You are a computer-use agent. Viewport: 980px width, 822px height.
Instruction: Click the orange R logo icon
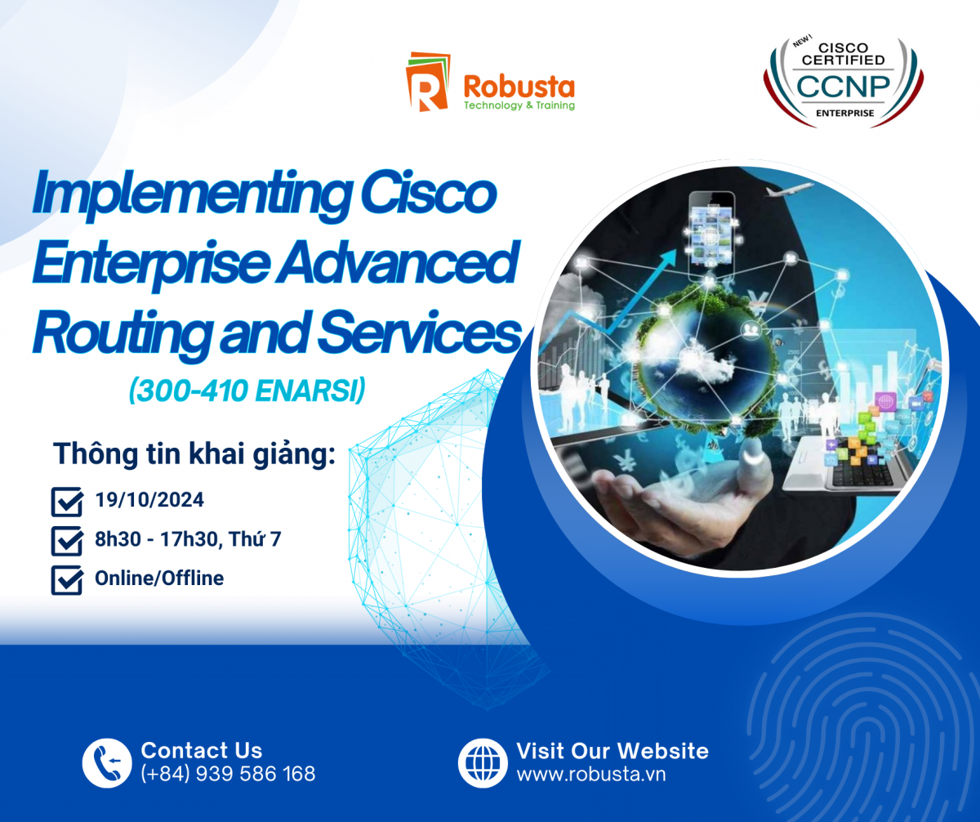pyautogui.click(x=427, y=82)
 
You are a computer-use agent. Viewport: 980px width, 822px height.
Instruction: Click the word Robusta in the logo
pyautogui.click(x=519, y=87)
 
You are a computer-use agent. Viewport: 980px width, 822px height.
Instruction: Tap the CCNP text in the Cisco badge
pyautogui.click(x=843, y=87)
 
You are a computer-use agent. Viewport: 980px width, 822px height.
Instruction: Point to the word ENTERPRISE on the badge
pyautogui.click(x=844, y=114)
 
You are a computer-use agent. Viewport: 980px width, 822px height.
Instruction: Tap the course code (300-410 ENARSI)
pyautogui.click(x=247, y=391)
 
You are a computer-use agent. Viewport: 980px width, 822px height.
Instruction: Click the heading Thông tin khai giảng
pyautogui.click(x=194, y=454)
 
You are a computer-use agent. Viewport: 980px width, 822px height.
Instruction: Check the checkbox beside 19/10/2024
pyautogui.click(x=67, y=502)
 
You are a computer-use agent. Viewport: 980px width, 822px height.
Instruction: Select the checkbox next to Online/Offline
pyautogui.click(x=67, y=580)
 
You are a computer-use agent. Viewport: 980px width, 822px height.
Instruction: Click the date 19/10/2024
pyautogui.click(x=149, y=500)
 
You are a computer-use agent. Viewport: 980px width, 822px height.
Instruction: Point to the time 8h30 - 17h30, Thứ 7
pyautogui.click(x=188, y=538)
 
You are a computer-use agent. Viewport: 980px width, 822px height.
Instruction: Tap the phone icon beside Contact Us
pyautogui.click(x=106, y=763)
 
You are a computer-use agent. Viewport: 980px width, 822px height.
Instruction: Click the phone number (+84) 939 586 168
pyautogui.click(x=228, y=774)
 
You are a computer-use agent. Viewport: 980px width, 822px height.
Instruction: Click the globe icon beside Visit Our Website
pyautogui.click(x=483, y=763)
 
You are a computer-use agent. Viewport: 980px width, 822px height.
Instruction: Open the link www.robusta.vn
pyautogui.click(x=591, y=774)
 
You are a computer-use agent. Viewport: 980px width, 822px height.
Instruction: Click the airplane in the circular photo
pyautogui.click(x=790, y=190)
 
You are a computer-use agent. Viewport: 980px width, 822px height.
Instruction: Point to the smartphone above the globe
pyautogui.click(x=711, y=233)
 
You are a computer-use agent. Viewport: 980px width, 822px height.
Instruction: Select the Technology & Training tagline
pyautogui.click(x=519, y=105)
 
